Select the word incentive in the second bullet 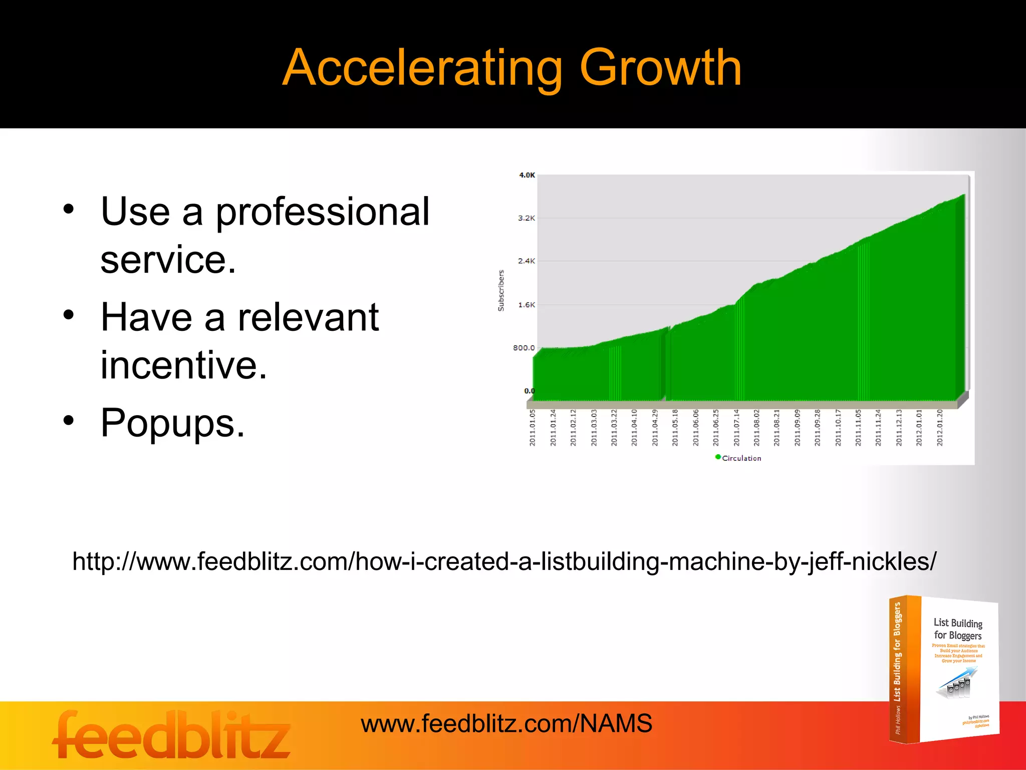pyautogui.click(x=183, y=365)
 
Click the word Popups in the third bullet pyautogui.click(x=172, y=423)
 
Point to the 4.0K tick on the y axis pyautogui.click(x=527, y=175)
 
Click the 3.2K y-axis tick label pyautogui.click(x=526, y=218)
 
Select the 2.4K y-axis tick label pyautogui.click(x=526, y=261)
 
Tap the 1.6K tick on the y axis pyautogui.click(x=526, y=305)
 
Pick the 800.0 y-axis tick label pyautogui.click(x=524, y=348)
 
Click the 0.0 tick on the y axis pyautogui.click(x=529, y=391)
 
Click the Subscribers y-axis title pyautogui.click(x=501, y=291)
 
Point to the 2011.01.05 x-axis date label pyautogui.click(x=533, y=428)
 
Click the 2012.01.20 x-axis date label pyautogui.click(x=940, y=428)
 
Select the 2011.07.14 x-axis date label pyautogui.click(x=736, y=428)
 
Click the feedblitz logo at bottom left pyautogui.click(x=171, y=735)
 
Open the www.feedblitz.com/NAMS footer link pyautogui.click(x=506, y=723)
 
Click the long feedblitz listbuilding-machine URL pyautogui.click(x=504, y=561)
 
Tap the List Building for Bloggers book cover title pyautogui.click(x=957, y=629)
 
